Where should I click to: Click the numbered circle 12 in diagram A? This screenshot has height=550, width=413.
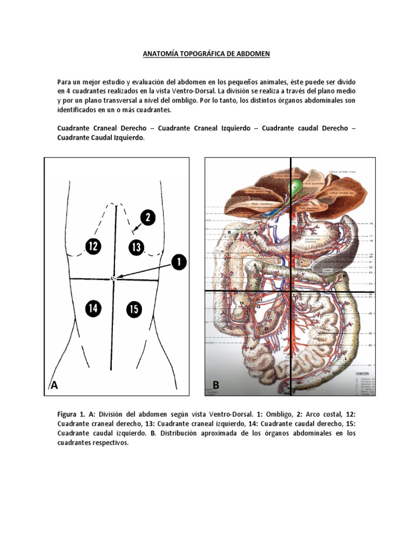(x=92, y=247)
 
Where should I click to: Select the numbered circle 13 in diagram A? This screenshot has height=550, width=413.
(x=137, y=247)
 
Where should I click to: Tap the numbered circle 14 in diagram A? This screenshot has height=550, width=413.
(x=93, y=308)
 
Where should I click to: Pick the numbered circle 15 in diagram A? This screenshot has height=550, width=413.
(x=134, y=309)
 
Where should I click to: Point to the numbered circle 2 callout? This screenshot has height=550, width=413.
(x=148, y=218)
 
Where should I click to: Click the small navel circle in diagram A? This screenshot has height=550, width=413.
(x=113, y=278)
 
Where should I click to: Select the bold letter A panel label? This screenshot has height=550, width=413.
(x=54, y=385)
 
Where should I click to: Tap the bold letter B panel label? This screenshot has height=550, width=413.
(x=216, y=385)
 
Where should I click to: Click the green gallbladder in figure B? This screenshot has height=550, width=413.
(x=297, y=187)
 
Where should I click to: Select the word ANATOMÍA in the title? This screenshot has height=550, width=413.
(x=161, y=54)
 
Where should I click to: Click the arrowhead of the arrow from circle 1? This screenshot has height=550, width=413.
(x=120, y=277)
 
